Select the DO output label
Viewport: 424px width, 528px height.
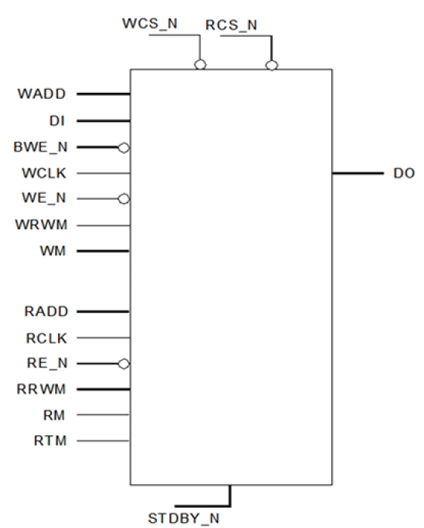404,173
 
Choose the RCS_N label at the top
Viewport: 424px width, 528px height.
231,25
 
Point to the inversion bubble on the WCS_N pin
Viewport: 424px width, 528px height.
200,65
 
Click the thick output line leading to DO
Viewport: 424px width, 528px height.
358,173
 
